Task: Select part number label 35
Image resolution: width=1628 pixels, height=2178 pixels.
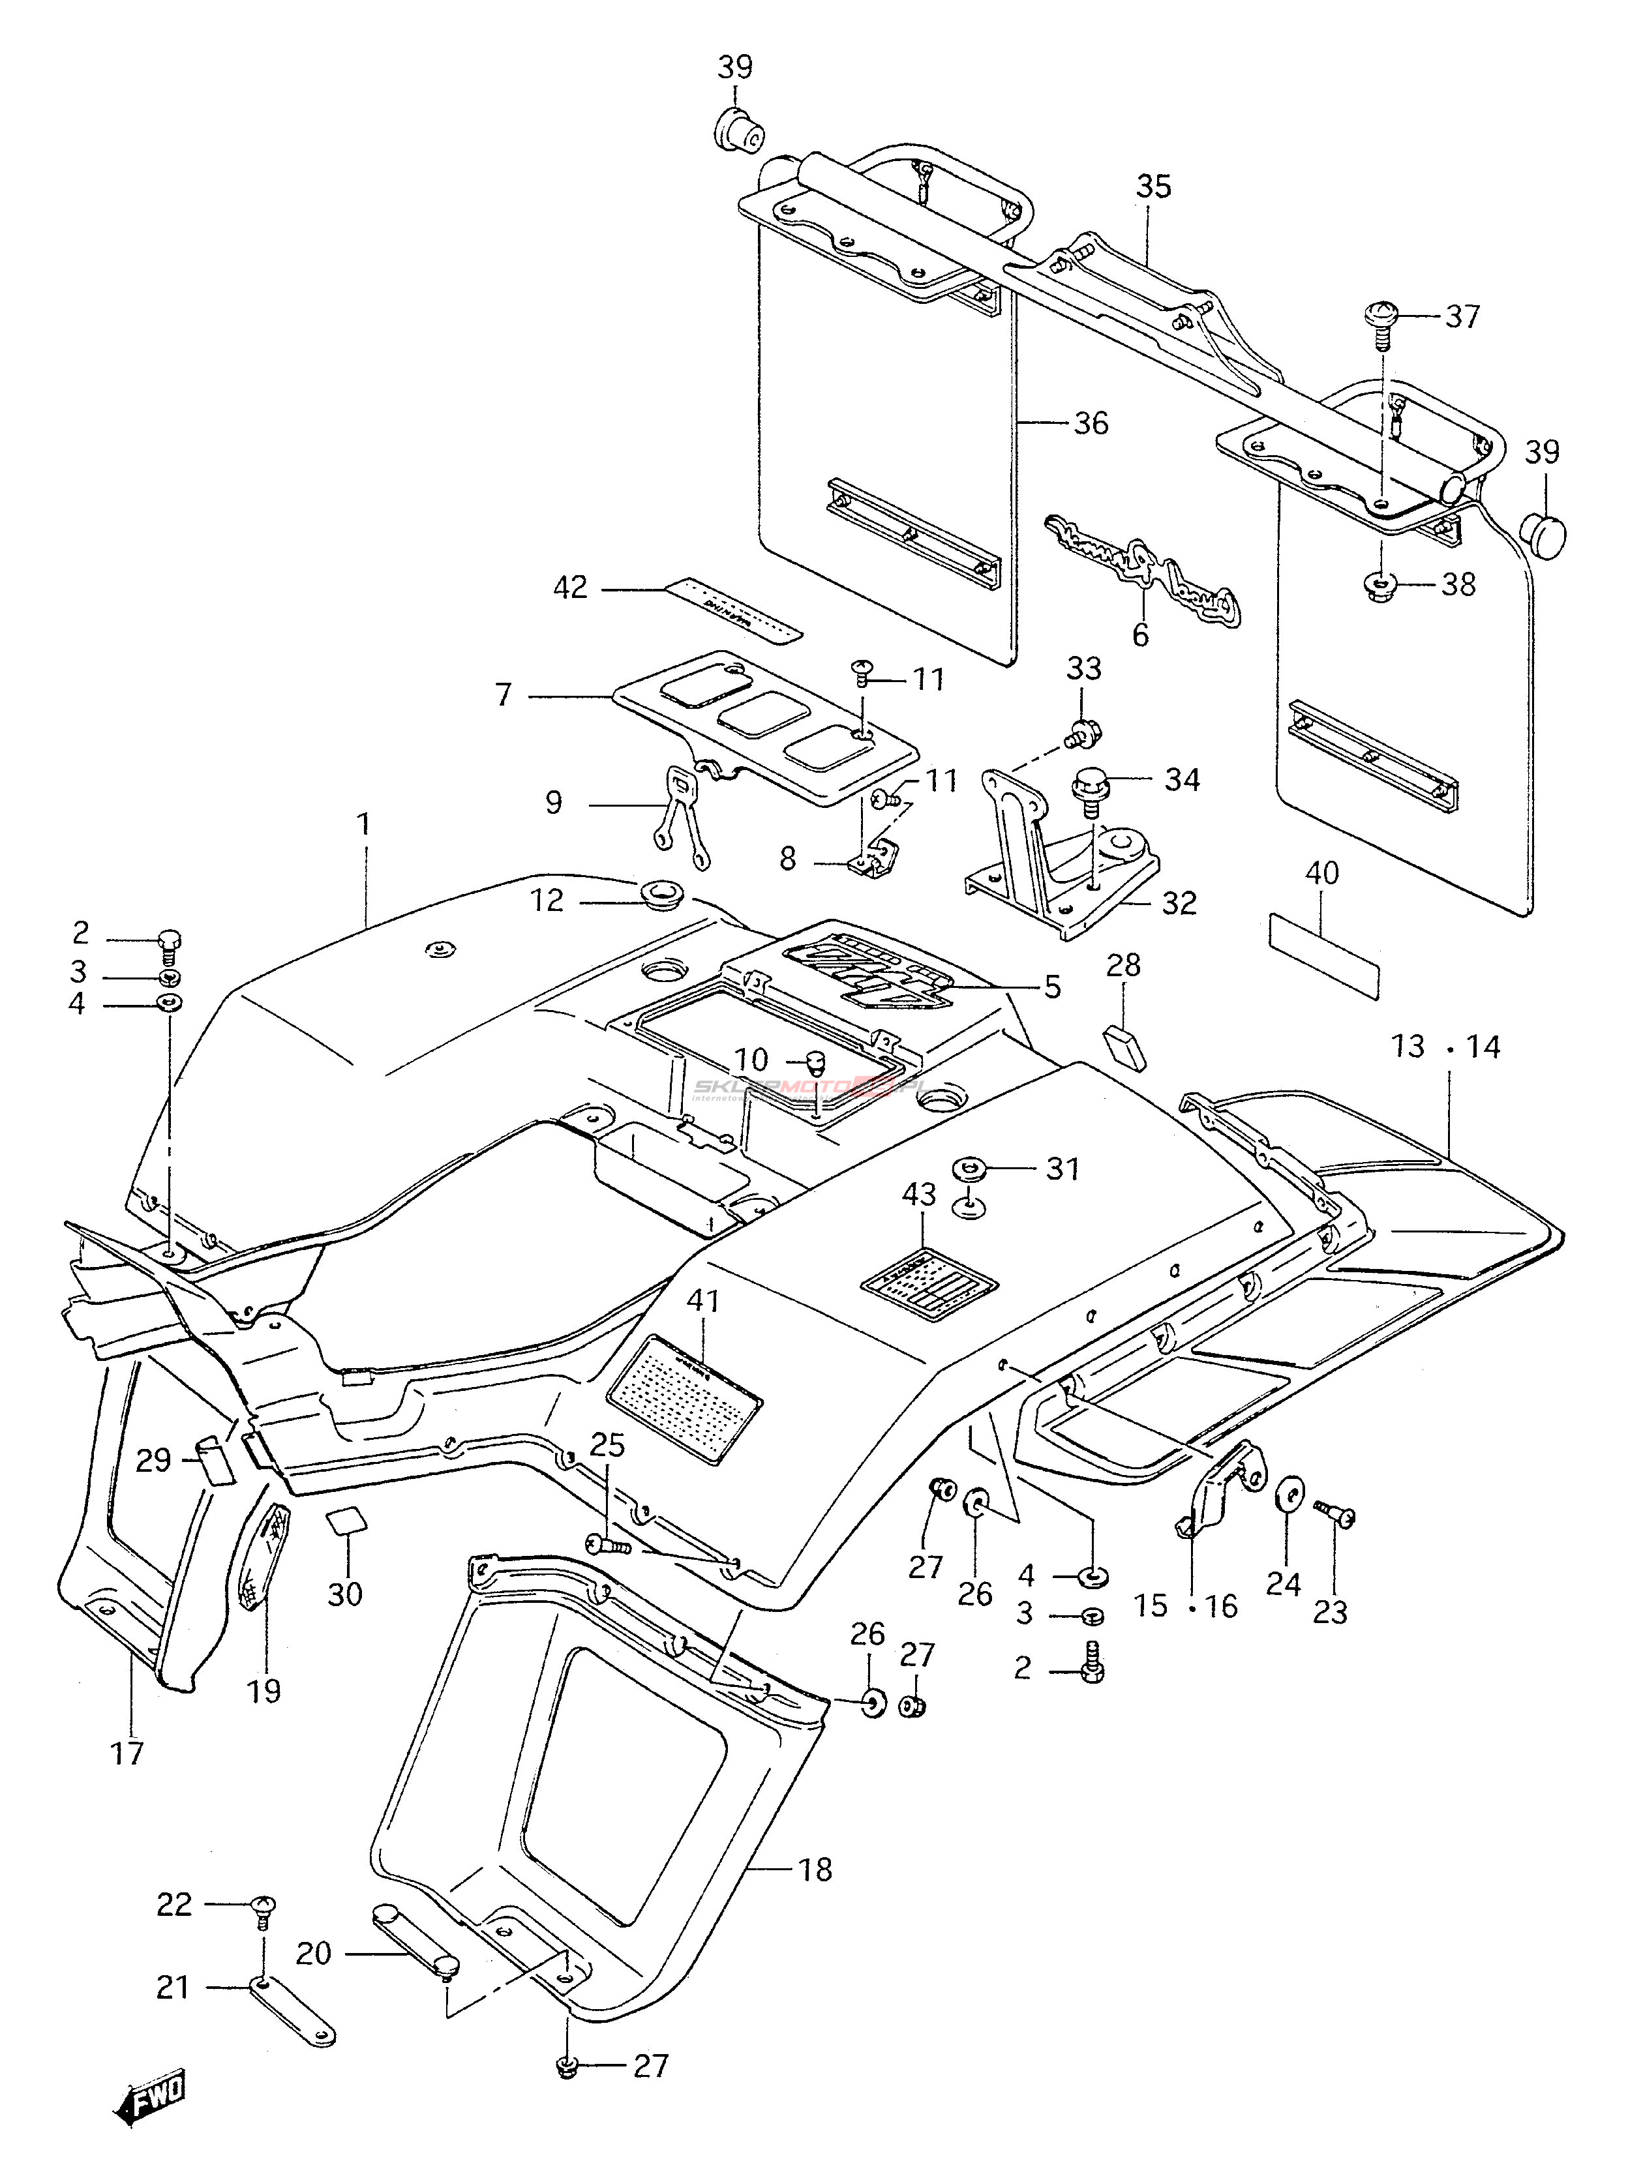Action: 1153,186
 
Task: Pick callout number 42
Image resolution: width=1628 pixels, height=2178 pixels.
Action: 569,588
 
